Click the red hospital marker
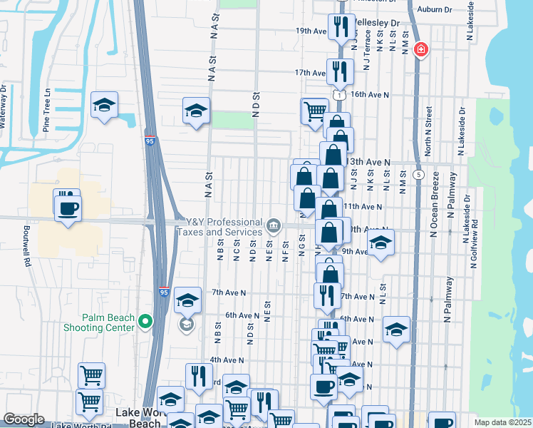click(421, 50)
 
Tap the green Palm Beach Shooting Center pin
click(145, 322)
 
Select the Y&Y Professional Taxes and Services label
click(224, 228)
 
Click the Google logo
click(24, 419)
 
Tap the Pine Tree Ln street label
click(47, 111)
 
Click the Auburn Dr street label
click(435, 9)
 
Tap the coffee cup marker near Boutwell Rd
click(68, 208)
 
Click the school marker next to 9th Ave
click(381, 244)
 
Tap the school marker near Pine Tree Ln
click(105, 106)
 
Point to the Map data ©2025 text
click(503, 422)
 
